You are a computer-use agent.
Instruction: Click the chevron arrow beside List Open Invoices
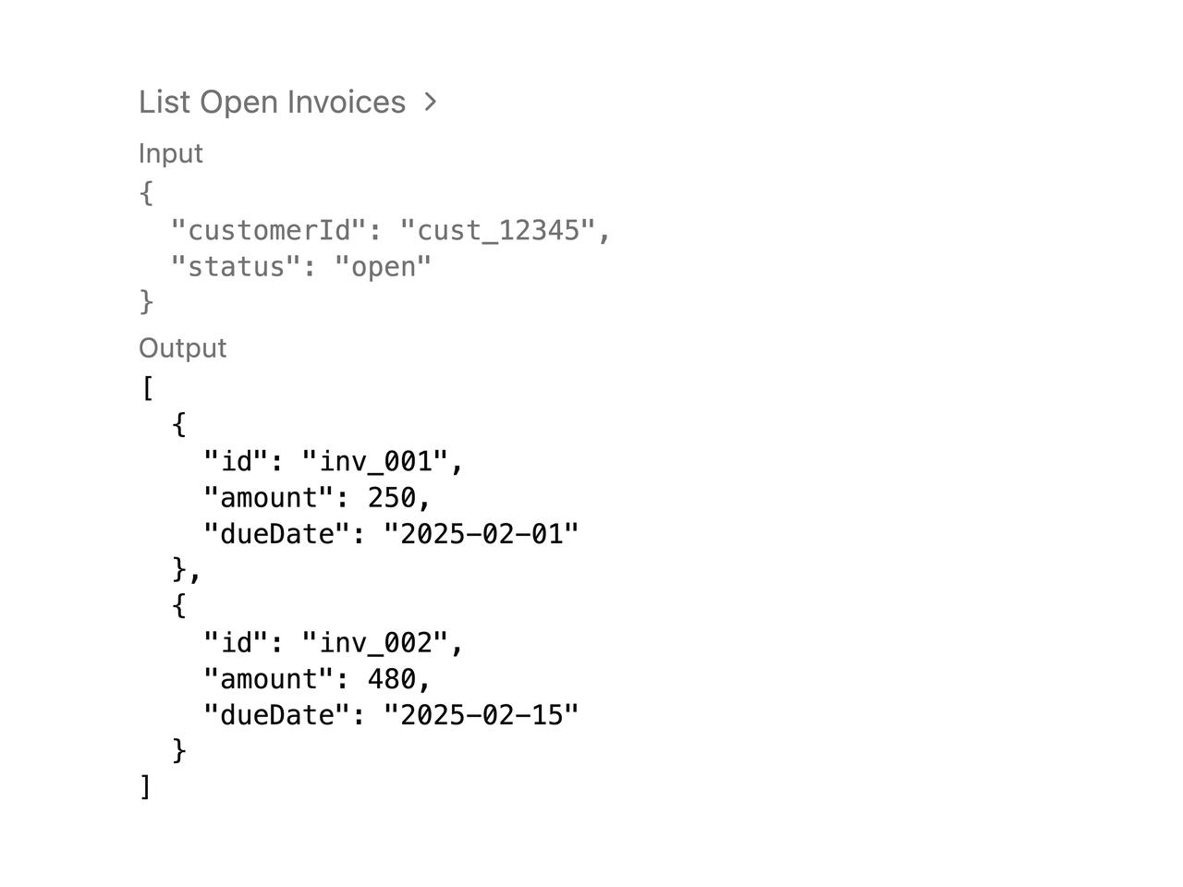click(430, 102)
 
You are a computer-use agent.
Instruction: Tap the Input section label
click(170, 154)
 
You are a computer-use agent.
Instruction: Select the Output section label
click(183, 348)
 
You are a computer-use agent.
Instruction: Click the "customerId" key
click(268, 230)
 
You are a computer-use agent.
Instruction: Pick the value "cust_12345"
click(498, 230)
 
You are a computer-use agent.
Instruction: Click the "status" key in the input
click(236, 267)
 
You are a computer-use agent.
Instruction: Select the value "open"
click(384, 267)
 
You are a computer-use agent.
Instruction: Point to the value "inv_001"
click(375, 462)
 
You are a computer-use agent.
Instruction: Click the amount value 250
click(392, 498)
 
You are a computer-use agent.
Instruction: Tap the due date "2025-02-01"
click(482, 534)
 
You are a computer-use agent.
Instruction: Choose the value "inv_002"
click(375, 642)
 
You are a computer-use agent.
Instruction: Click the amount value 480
click(392, 678)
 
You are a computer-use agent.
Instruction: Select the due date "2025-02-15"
click(482, 714)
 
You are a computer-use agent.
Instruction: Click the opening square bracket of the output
click(148, 388)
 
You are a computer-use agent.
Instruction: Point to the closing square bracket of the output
click(145, 787)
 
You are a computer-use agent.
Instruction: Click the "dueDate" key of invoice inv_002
click(276, 714)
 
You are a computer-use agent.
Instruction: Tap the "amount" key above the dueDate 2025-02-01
click(268, 498)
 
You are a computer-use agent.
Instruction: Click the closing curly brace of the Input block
click(147, 302)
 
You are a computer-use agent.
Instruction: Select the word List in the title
click(165, 102)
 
